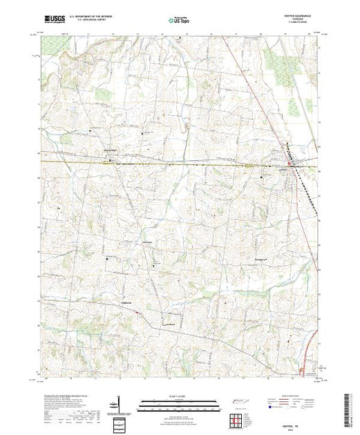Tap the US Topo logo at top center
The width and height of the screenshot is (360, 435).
click(x=179, y=21)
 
